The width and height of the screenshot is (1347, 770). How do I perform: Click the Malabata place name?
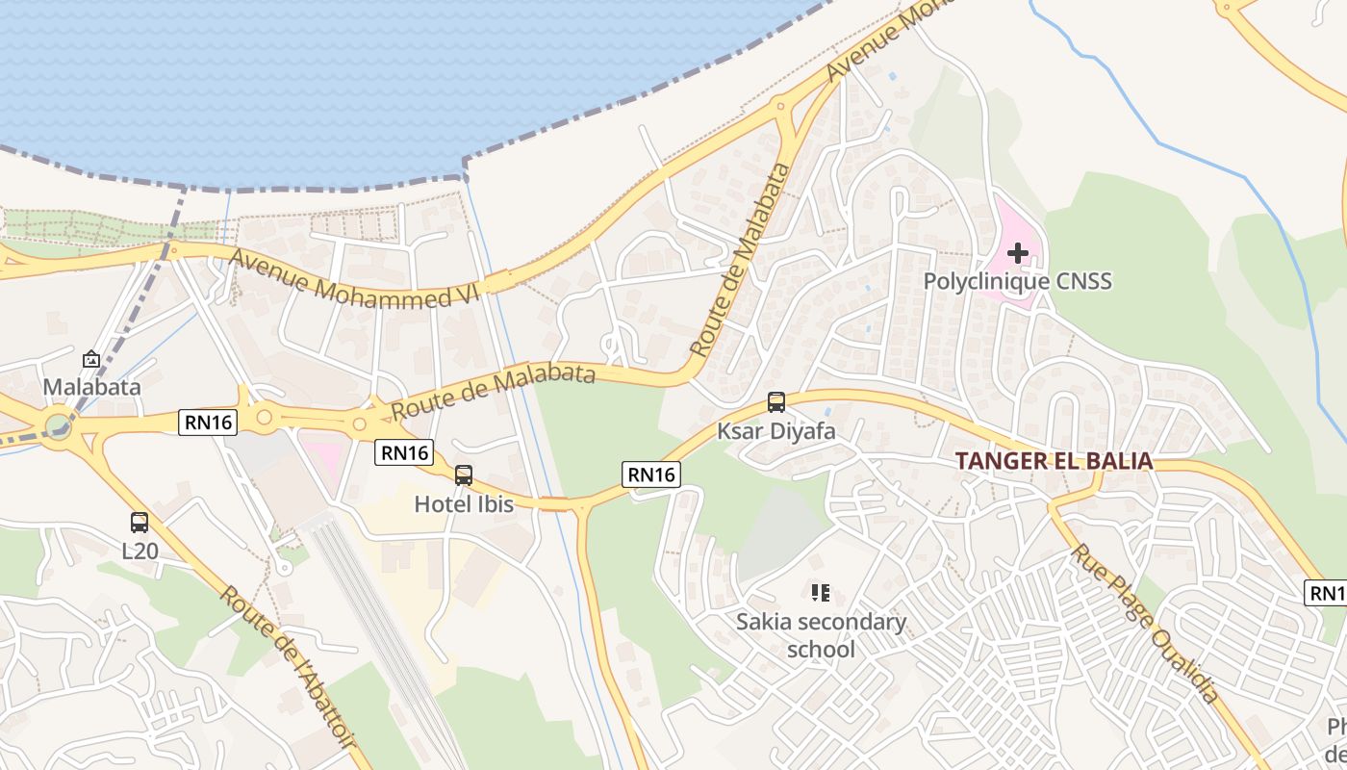click(91, 387)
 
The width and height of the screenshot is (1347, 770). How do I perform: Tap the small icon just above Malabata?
click(91, 359)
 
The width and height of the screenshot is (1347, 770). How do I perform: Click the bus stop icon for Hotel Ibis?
click(464, 475)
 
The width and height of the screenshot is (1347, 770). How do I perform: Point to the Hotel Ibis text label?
click(464, 503)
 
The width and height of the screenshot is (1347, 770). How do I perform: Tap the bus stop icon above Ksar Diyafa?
click(776, 402)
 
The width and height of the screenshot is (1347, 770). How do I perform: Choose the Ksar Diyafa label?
click(776, 431)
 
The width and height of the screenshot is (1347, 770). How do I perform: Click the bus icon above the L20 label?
click(140, 523)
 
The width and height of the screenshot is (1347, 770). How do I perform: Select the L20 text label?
click(140, 552)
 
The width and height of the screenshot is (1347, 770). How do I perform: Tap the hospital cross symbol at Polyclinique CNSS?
click(1017, 253)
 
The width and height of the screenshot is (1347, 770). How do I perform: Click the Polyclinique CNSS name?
click(1017, 281)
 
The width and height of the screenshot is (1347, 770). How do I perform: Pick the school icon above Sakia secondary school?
click(820, 593)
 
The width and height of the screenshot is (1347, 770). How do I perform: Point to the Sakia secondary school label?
click(821, 635)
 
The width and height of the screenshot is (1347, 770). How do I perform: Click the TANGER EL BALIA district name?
click(1055, 461)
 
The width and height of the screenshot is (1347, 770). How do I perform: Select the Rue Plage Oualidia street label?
click(1147, 623)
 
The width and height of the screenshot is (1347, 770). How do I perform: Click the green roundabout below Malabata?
click(59, 423)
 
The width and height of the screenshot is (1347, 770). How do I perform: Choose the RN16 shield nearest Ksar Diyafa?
click(651, 474)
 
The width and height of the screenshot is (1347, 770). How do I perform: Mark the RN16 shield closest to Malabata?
click(207, 423)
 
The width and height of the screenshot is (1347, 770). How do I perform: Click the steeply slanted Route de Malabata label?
click(742, 260)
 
